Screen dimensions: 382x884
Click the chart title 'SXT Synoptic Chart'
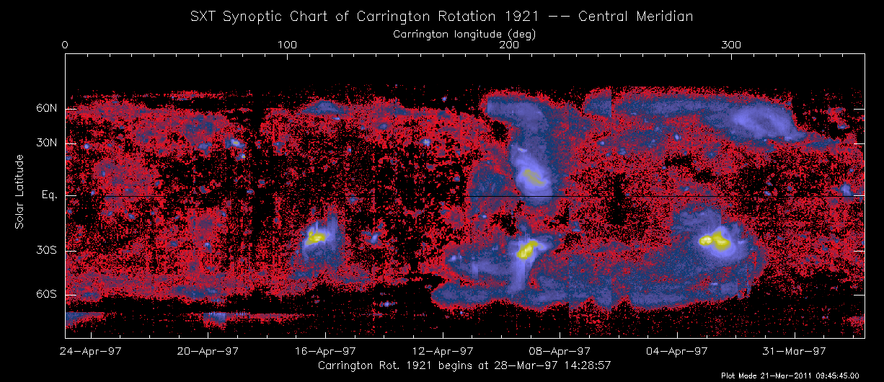[442, 15]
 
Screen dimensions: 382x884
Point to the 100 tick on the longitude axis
[287, 45]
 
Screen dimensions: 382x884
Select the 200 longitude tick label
[509, 45]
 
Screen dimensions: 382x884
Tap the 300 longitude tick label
[731, 45]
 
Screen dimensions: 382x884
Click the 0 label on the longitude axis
[65, 45]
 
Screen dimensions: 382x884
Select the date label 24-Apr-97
[90, 352]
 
